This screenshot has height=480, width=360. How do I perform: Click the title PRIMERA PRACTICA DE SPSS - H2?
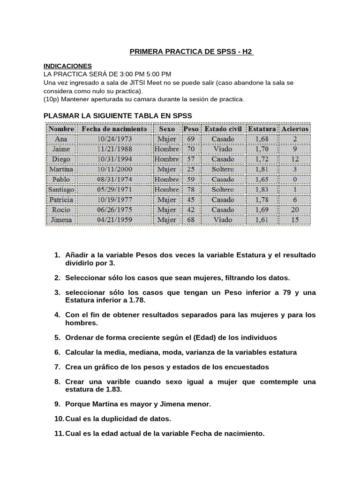pos(191,51)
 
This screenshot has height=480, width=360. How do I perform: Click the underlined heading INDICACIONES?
pos(67,66)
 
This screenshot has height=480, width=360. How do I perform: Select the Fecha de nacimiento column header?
pos(114,128)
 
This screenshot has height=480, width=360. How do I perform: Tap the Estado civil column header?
pos(223,128)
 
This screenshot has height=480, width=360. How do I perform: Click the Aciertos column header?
pos(295,128)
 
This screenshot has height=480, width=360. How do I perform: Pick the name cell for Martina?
pos(61,169)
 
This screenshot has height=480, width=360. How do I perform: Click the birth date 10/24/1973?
pos(114,139)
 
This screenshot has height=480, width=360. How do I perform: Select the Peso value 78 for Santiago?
pos(191,190)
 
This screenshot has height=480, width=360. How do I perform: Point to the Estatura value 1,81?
pos(262,169)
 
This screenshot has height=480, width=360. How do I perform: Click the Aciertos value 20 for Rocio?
pos(295,210)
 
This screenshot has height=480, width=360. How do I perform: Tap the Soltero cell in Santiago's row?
pos(223,190)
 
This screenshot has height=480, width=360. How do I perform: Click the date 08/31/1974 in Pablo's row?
pos(114,180)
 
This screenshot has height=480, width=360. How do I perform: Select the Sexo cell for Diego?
pos(167,159)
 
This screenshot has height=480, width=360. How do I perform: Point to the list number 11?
pos(58,434)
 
